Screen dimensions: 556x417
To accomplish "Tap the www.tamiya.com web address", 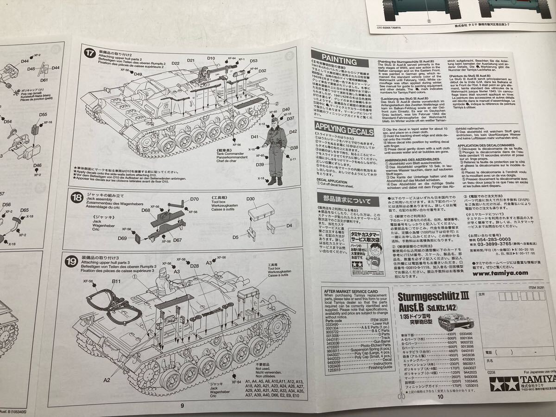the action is click(x=500, y=273).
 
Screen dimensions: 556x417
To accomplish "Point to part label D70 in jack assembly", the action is click(x=194, y=199).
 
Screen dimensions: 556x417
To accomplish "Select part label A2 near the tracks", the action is click(x=107, y=379).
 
